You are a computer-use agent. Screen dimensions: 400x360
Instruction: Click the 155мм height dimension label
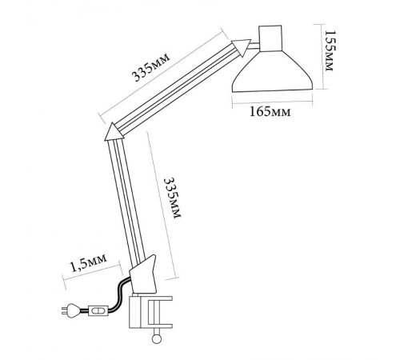329,50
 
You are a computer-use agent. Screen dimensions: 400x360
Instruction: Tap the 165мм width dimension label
270,112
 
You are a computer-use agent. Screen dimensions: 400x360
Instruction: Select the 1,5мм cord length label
88,262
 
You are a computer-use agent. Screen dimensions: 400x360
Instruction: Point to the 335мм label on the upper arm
150,68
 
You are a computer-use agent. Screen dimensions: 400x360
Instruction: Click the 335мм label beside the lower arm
172,198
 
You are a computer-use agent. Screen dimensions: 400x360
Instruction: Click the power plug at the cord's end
70,310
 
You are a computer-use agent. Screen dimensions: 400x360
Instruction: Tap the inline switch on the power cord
98,310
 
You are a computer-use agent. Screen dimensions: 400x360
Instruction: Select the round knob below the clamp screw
156,338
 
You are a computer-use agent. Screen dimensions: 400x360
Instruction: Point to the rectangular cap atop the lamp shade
270,38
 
